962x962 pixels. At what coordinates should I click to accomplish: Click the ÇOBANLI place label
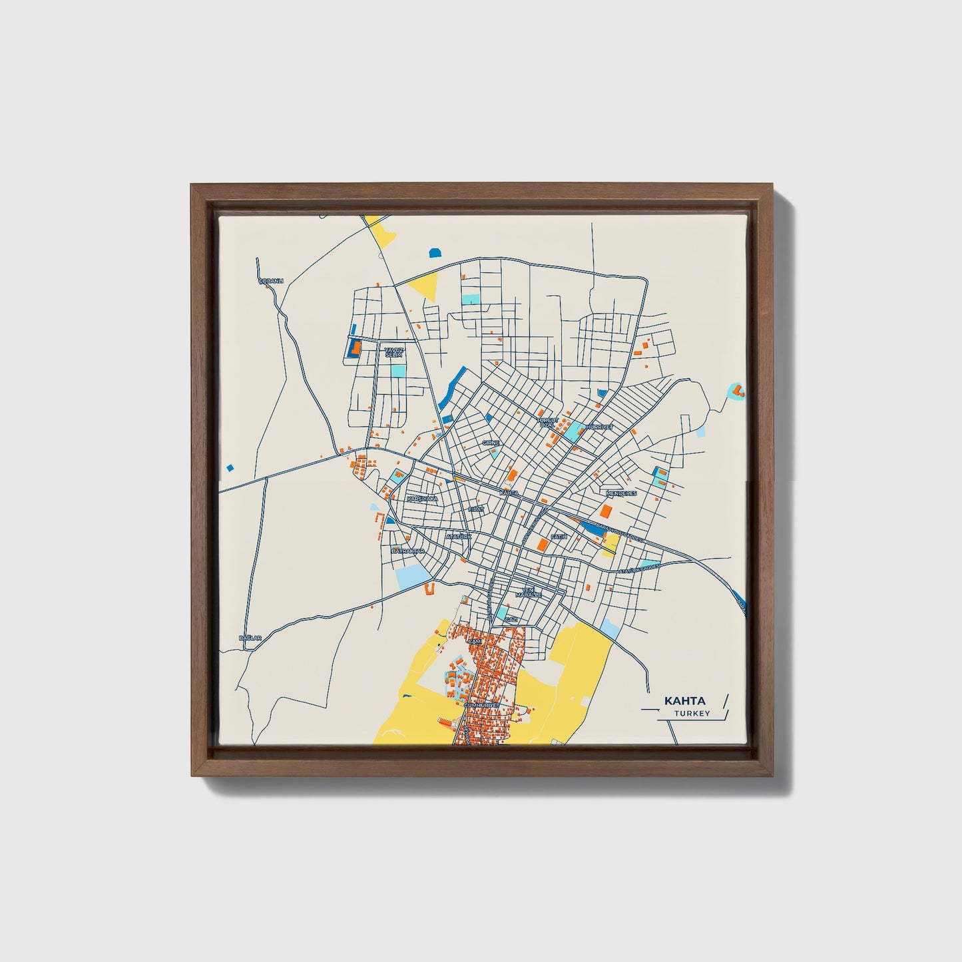[x=271, y=281]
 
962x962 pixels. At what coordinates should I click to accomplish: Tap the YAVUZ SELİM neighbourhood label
[x=394, y=351]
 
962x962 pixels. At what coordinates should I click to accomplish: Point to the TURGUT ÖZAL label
[x=546, y=423]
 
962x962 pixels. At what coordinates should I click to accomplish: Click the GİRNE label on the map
[x=490, y=442]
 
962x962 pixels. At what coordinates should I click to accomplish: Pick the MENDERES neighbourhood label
[x=622, y=493]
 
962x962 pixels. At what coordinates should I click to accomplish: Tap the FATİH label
[x=558, y=535]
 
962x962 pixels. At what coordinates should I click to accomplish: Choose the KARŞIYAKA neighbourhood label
[x=422, y=498]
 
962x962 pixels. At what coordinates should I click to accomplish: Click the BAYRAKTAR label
[x=407, y=552]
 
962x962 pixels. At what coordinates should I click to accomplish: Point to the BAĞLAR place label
[x=250, y=638]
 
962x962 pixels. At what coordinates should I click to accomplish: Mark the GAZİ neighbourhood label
[x=511, y=619]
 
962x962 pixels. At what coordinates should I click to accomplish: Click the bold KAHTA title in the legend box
[x=684, y=701]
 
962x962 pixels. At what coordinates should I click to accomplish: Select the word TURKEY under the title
[x=692, y=714]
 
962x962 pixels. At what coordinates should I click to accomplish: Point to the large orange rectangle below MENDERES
[x=606, y=511]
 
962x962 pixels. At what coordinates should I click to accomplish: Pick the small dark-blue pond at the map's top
[x=435, y=252]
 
